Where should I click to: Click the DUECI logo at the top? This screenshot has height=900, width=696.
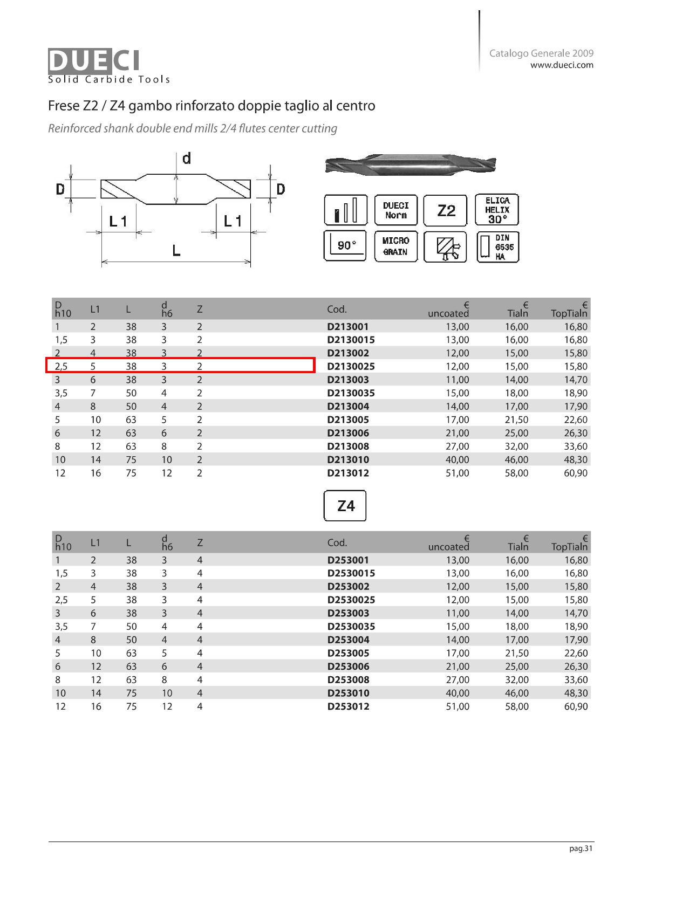pos(94,60)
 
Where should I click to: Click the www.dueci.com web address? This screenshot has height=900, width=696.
pos(561,65)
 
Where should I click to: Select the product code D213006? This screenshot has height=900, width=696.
pos(348,433)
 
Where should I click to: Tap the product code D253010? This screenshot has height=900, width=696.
pos(348,693)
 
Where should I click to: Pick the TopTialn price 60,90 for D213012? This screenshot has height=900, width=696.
pos(575,473)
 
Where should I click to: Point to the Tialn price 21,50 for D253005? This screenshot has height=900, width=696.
pos(516,654)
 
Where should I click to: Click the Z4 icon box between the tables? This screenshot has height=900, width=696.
pos(345,506)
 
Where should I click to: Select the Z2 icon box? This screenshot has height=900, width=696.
pos(446,210)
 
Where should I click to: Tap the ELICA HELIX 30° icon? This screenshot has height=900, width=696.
pos(497,210)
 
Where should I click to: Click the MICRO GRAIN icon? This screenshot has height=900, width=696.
pos(396,246)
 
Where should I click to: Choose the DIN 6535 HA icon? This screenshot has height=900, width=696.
pos(498,247)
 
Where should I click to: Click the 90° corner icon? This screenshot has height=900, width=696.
pos(345,246)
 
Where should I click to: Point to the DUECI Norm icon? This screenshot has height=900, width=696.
pos(396,210)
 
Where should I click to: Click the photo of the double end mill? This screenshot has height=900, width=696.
pos(410,165)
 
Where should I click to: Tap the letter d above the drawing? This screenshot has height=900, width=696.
pos(187,159)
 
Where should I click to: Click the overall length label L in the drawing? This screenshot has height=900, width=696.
pos(176,250)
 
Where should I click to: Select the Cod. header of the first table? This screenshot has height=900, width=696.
pos(337,310)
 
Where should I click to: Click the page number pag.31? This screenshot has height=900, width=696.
pos(581,849)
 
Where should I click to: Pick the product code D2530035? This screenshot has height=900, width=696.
pos(351,627)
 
